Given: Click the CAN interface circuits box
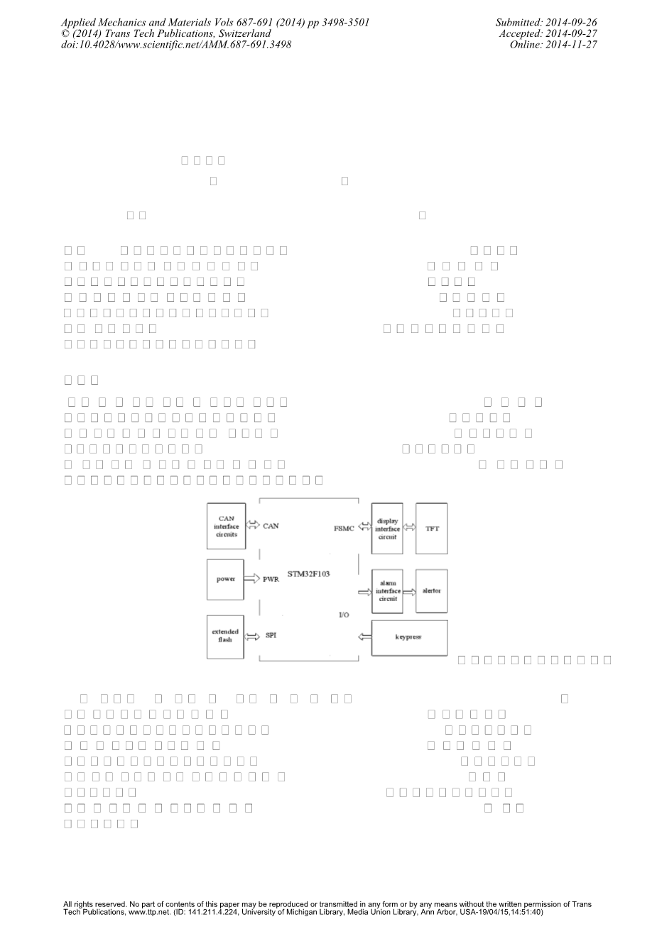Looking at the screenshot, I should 226,526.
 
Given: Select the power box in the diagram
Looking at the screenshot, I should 225,579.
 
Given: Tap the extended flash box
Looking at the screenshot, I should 225,635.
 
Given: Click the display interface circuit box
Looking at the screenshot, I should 387,529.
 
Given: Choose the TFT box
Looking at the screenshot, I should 431,529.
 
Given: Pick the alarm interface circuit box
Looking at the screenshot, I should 387,590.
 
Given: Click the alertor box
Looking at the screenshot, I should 431,590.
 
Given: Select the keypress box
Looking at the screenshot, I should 409,637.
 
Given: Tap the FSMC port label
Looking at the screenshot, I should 344,529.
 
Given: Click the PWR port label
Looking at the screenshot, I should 271,580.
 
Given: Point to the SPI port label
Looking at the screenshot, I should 271,635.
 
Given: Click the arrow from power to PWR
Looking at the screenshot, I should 251,579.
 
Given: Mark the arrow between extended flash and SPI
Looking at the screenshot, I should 251,636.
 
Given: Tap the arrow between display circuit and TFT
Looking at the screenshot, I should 408,528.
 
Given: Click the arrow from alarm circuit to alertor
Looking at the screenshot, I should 408,590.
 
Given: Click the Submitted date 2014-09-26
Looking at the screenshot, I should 546,23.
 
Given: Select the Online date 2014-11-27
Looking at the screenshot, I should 553,44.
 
